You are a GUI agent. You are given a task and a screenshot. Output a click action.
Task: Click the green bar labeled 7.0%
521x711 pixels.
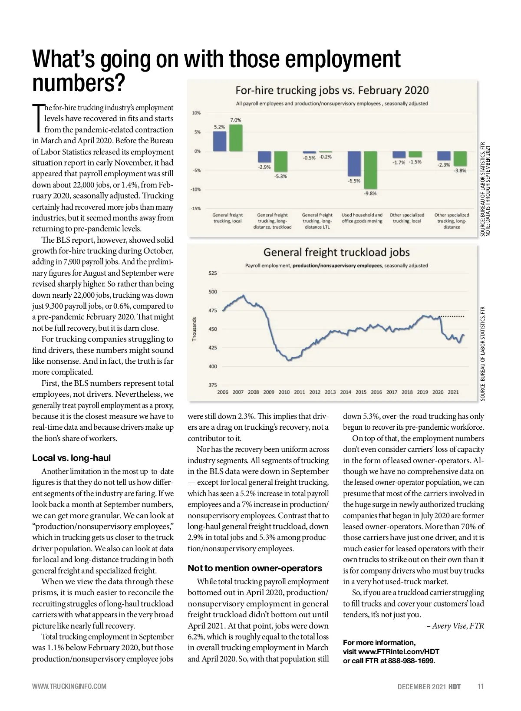[x=236, y=138]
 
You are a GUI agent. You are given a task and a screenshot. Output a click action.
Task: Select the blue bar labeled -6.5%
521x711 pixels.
[x=354, y=164]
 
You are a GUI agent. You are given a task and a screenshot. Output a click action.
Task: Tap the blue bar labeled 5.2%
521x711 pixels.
[x=220, y=141]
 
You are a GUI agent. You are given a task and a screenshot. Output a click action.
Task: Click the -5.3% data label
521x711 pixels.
[x=280, y=177]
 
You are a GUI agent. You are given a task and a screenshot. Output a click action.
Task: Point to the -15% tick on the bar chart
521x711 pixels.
[x=195, y=209]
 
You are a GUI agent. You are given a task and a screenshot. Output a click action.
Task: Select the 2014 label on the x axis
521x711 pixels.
[x=346, y=392]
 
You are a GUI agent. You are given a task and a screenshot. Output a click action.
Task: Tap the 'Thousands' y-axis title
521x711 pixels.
[x=195, y=329]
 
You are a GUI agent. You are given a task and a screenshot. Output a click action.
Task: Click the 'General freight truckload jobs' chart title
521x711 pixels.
[x=336, y=252]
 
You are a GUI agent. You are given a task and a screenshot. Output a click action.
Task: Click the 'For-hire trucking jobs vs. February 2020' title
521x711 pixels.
[x=332, y=91]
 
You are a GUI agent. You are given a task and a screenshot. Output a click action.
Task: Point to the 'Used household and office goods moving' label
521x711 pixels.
[x=362, y=218]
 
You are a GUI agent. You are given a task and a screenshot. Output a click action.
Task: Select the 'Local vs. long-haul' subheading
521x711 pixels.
[x=72, y=458]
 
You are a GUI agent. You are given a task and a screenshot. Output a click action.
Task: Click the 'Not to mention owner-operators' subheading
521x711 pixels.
[x=255, y=568]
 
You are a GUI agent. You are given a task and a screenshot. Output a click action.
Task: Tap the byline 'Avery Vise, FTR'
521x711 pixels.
[x=457, y=625]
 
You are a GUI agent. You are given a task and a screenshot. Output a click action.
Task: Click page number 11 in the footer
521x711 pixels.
[x=480, y=686]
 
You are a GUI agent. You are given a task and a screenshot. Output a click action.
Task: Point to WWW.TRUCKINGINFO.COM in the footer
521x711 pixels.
[x=69, y=686]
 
